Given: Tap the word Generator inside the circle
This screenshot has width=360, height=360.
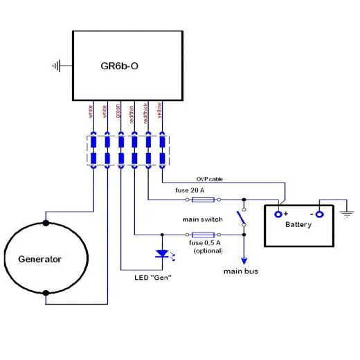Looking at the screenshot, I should [39, 260].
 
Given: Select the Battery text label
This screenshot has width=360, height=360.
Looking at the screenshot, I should [298, 225].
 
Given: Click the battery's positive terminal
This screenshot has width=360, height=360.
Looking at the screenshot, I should [279, 214].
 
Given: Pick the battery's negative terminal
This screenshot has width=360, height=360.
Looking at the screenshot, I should [319, 214].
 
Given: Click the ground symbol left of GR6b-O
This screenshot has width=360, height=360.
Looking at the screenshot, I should [57, 66].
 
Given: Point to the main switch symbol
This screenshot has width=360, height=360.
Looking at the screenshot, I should [242, 217].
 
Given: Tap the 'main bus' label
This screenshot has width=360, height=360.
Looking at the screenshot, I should [241, 271].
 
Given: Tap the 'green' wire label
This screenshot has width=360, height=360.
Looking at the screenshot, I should [119, 111].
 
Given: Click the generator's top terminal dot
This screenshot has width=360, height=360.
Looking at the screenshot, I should [46, 223].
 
